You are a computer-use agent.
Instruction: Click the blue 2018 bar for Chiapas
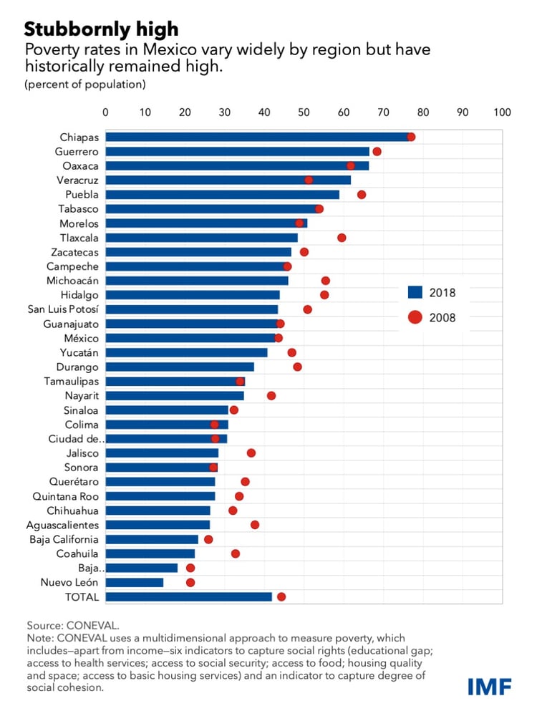258,137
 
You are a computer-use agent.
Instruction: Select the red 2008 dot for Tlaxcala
342,238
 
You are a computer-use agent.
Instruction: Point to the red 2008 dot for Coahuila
236,553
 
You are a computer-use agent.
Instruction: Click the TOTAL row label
82,596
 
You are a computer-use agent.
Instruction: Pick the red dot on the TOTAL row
281,596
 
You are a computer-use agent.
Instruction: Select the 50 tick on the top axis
304,112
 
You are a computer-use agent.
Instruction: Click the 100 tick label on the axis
502,112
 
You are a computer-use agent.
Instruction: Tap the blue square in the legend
415,292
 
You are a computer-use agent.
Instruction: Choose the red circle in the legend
415,317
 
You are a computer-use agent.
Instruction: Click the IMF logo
490,686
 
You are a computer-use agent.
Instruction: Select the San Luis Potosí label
63,309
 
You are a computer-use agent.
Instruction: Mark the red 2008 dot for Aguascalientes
255,525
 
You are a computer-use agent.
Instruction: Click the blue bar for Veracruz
228,180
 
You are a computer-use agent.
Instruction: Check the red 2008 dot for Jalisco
251,453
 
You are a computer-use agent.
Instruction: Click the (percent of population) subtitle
85,84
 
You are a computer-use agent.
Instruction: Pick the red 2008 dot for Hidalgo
324,295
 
